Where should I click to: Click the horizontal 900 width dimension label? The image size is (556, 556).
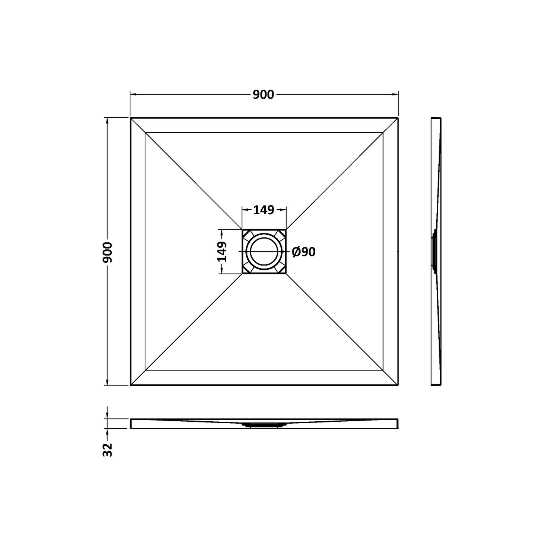click(263, 95)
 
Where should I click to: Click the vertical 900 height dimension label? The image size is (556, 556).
click(108, 252)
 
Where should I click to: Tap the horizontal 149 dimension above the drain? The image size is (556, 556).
click(264, 210)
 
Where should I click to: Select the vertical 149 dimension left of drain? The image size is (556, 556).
click(222, 251)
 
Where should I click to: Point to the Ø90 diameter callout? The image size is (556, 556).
click(304, 252)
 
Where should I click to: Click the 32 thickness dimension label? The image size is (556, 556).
click(108, 449)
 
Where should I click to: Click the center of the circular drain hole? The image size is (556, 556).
click(264, 251)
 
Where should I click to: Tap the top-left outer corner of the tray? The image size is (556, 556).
click(130, 118)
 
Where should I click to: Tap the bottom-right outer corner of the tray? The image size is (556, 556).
click(398, 385)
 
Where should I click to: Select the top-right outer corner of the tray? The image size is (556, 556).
click(398, 118)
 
